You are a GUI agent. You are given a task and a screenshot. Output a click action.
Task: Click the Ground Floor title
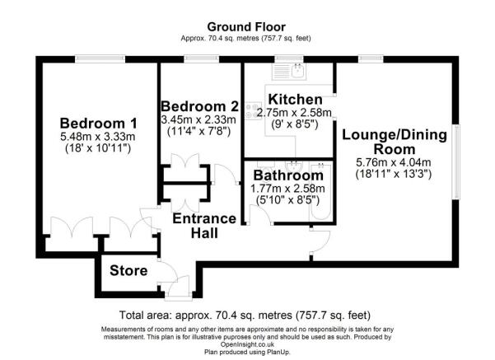point(246,27)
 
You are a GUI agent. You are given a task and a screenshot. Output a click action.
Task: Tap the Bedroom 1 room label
point(99,124)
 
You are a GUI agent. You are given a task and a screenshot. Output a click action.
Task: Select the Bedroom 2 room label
point(199,106)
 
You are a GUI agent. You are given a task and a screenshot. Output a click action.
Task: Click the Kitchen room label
point(295,100)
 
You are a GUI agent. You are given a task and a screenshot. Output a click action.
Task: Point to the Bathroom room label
point(288,175)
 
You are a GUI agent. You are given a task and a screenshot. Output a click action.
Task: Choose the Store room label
point(128,271)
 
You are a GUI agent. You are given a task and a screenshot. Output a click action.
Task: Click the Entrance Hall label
point(204,226)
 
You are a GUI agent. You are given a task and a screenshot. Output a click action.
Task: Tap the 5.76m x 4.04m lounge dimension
point(394,162)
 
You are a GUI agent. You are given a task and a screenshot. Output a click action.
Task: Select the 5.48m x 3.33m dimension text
point(98,137)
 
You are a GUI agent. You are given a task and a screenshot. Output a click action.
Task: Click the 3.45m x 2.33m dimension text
point(198,119)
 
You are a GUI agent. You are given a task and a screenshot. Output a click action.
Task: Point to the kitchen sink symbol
point(289,71)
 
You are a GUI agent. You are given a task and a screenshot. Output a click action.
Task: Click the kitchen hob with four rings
point(254,111)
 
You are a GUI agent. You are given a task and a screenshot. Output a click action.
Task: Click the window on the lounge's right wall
point(455,161)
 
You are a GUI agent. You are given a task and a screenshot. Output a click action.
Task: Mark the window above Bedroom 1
point(100,58)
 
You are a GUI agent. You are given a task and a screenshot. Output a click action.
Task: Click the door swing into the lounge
point(320,241)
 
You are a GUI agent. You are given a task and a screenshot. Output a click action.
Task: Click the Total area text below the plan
point(245,316)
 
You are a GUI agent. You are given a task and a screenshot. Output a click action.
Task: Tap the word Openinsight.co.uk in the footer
point(247,344)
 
